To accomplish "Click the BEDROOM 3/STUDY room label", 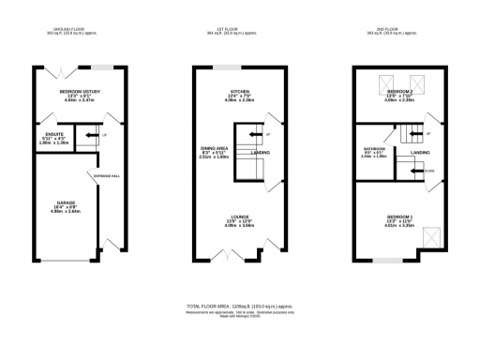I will tap(80, 92).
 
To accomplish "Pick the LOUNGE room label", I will tap(240, 215).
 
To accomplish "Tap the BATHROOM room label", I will tap(374, 147).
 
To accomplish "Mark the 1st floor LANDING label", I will tap(262, 152).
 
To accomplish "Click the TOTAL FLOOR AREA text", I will tap(240, 306).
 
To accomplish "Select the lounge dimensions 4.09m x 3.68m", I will tap(240, 225).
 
